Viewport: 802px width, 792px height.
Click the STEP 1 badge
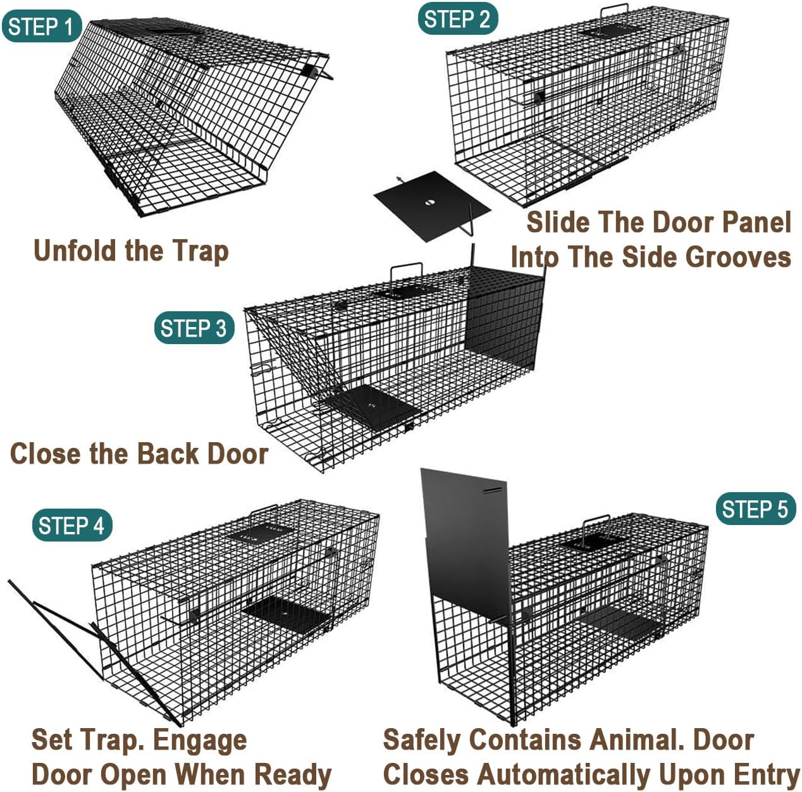(42, 27)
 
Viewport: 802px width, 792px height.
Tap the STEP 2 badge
(457, 19)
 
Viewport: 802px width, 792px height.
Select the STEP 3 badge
(194, 328)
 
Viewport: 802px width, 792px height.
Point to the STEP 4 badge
(71, 525)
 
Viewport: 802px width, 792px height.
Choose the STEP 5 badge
(755, 509)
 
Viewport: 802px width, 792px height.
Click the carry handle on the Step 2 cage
(613, 13)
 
